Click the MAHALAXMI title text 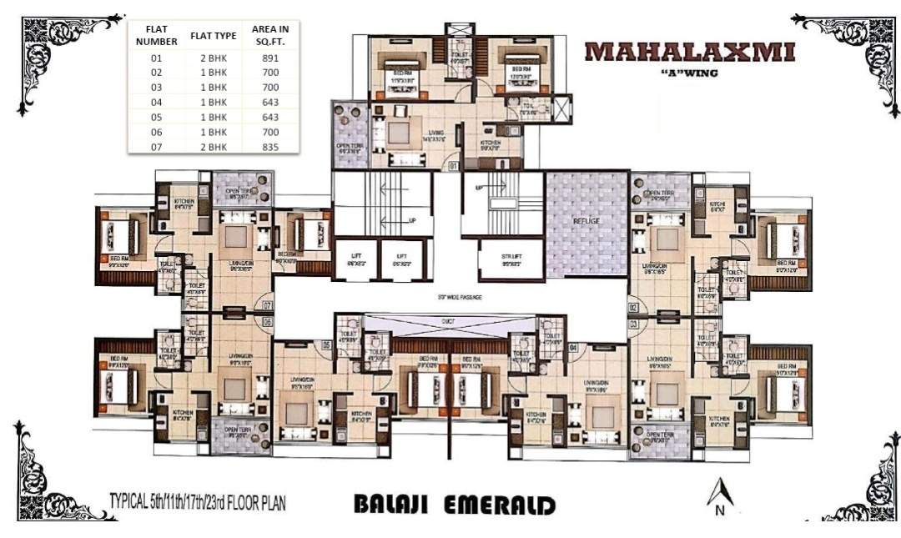(690, 51)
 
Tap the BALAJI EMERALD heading (455, 505)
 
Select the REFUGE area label (586, 220)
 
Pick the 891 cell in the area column (269, 58)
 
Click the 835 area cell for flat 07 (269, 147)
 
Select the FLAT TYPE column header (214, 35)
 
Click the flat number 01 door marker (453, 166)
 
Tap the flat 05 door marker (327, 344)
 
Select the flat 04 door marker (573, 345)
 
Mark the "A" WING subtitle (689, 72)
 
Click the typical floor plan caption (198, 504)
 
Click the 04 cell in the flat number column (156, 103)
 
